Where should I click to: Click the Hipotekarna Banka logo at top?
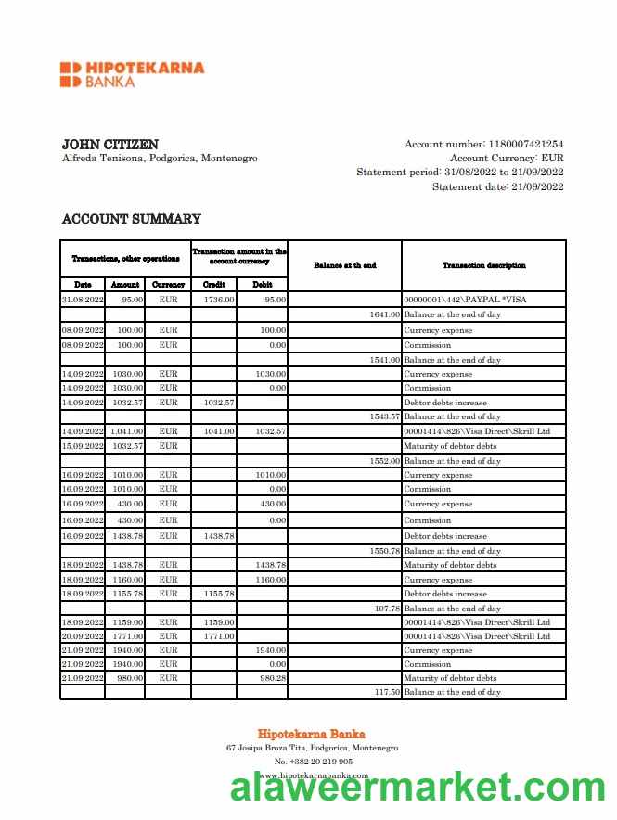click(x=132, y=74)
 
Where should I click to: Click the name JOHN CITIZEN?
click(x=109, y=145)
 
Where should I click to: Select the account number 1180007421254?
click(x=526, y=144)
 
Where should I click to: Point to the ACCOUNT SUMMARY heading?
click(x=131, y=219)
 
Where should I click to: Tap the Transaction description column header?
click(x=483, y=265)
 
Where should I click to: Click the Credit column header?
click(x=213, y=285)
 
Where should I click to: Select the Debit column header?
click(x=262, y=285)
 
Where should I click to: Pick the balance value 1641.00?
click(x=385, y=315)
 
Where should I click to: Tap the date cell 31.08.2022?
click(x=83, y=301)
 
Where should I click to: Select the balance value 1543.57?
click(x=385, y=417)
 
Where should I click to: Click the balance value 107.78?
click(x=387, y=609)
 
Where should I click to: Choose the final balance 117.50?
click(x=387, y=692)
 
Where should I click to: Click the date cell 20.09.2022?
click(x=83, y=636)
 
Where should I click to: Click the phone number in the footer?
click(x=313, y=762)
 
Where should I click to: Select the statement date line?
click(x=497, y=187)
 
